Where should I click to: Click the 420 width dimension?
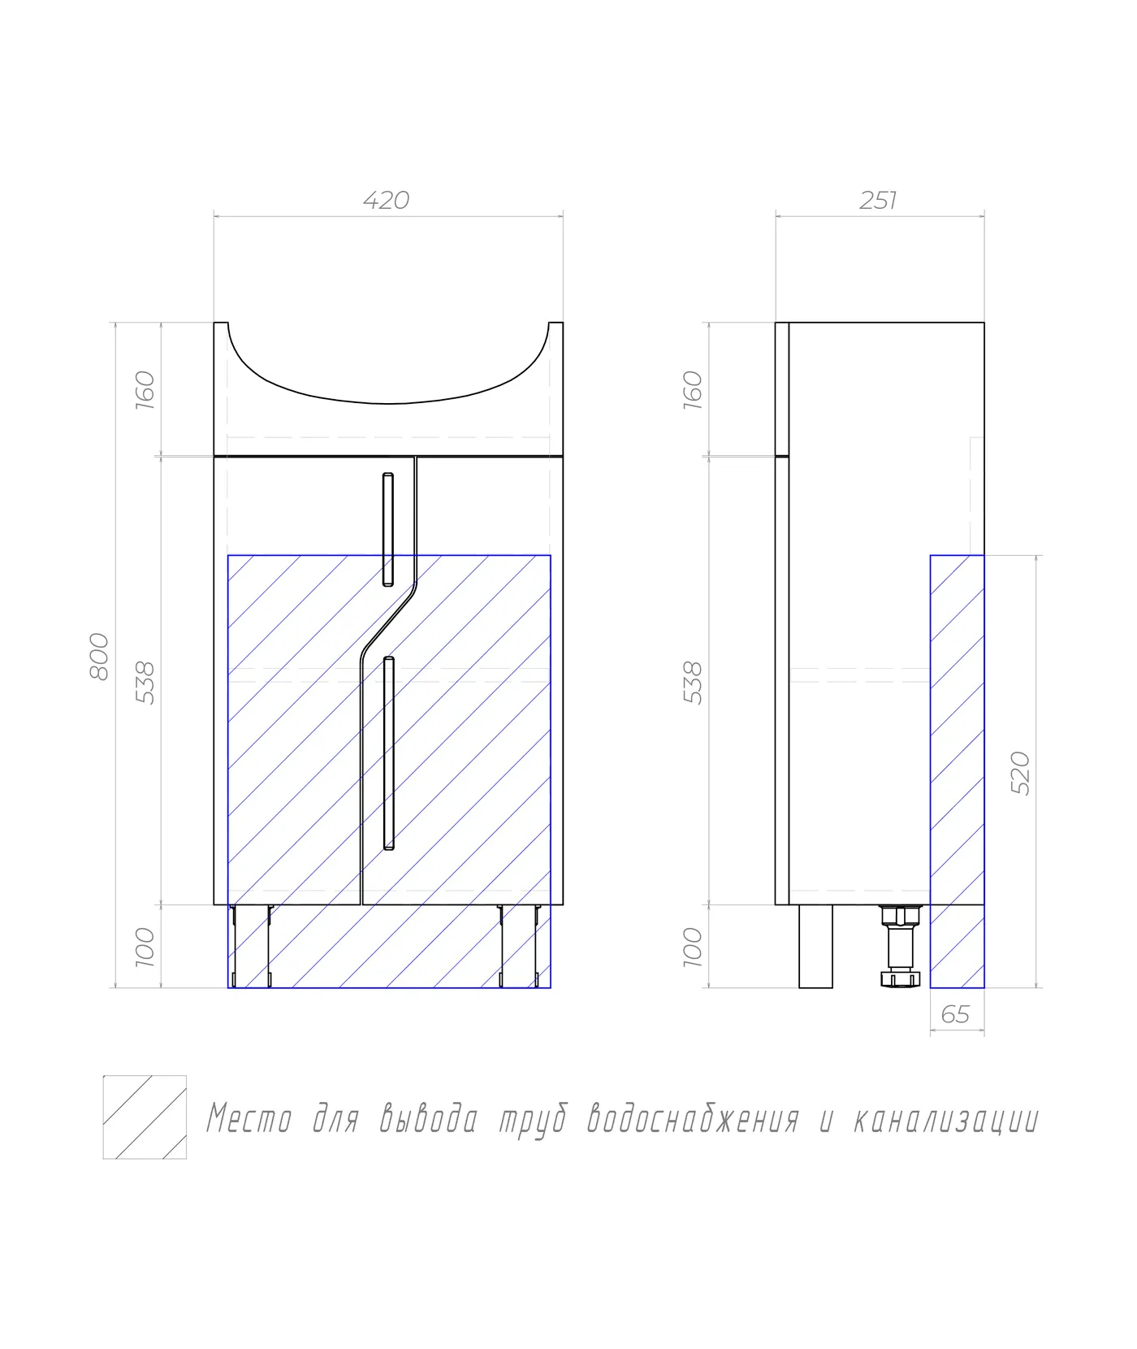coord(386,200)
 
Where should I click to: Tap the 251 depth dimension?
coord(878,200)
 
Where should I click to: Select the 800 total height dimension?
coord(98,656)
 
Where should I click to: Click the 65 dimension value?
coord(955,1015)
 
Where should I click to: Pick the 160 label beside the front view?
coord(144,389)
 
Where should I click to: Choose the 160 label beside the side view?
coord(692,389)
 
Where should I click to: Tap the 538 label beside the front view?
coord(144,682)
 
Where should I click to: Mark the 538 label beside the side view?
coord(692,682)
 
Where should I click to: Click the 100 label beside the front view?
coord(144,947)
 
